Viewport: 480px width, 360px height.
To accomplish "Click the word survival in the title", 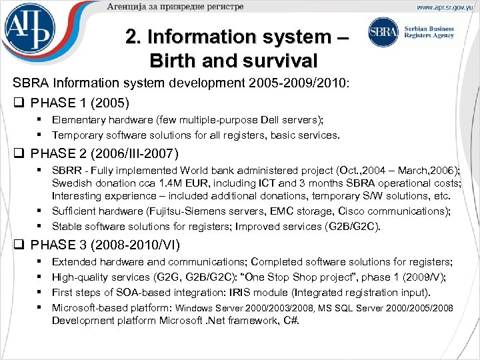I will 279,61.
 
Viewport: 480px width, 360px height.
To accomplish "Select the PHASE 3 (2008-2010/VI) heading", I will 103,245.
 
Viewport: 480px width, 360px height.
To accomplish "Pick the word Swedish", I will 72,183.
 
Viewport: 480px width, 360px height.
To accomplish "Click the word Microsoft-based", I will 89,307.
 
